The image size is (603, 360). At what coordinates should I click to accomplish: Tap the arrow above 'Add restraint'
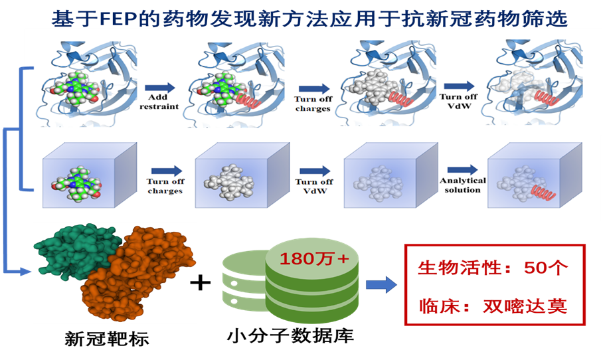(x=160, y=87)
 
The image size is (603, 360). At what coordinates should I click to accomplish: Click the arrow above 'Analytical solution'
(x=462, y=169)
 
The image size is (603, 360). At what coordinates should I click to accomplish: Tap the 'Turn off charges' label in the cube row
(x=162, y=187)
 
